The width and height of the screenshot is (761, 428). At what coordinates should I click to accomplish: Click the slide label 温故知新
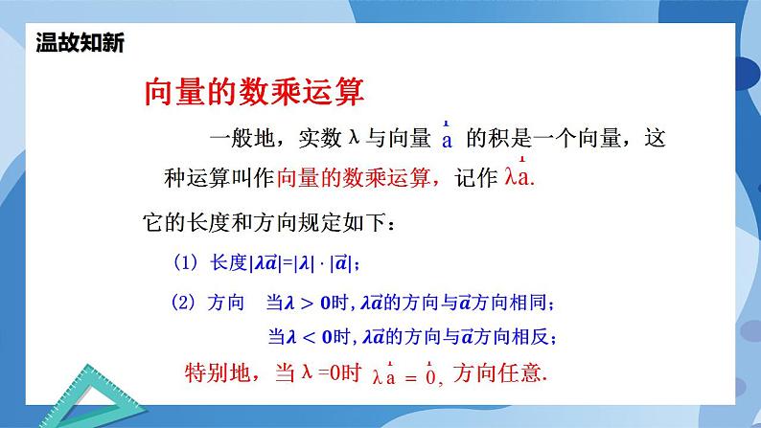pos(79,43)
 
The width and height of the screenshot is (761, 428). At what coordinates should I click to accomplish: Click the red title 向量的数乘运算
pos(254,94)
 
